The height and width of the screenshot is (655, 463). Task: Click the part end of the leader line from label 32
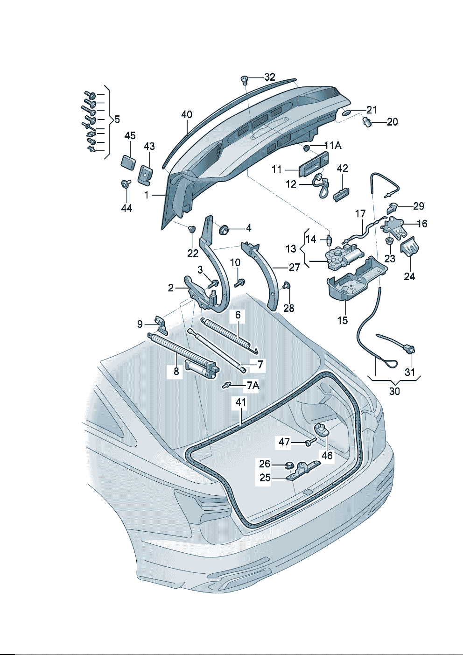click(248, 78)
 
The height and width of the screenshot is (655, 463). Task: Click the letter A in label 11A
click(337, 145)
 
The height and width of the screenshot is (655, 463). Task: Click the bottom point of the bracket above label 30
click(394, 384)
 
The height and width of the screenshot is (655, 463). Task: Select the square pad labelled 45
click(128, 162)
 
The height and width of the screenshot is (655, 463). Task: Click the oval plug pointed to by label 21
click(346, 113)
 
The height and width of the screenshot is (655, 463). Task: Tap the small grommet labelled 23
click(389, 241)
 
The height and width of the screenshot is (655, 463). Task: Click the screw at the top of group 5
click(90, 94)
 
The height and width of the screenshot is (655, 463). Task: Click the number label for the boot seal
click(241, 403)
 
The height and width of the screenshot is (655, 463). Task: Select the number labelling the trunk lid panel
click(147, 195)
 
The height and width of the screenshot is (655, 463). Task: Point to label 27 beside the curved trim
click(294, 267)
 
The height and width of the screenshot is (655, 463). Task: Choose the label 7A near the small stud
click(253, 386)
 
